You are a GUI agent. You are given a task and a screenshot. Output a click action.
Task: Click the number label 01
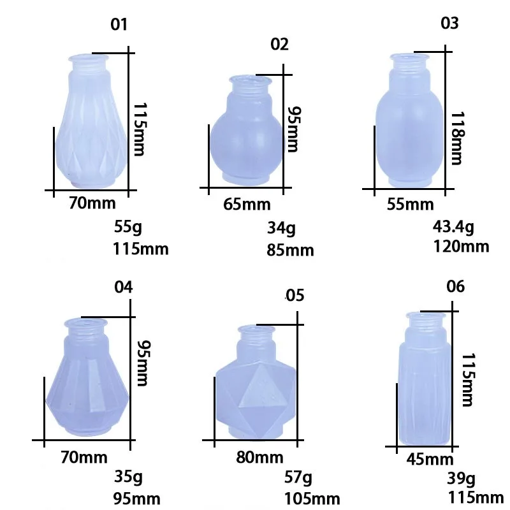pyautogui.click(x=119, y=25)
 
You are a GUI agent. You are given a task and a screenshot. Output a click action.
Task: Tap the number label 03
pyautogui.click(x=449, y=24)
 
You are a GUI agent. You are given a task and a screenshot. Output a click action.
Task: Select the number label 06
pyautogui.click(x=455, y=286)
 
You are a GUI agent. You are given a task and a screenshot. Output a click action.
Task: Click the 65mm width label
pyautogui.click(x=247, y=205)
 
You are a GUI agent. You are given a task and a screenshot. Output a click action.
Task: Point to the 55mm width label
pyautogui.click(x=410, y=205)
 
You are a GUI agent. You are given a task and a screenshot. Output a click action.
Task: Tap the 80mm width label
pyautogui.click(x=259, y=457)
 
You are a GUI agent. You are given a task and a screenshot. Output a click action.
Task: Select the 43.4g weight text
pyautogui.click(x=453, y=227)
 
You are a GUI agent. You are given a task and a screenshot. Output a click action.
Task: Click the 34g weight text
pyautogui.click(x=281, y=228)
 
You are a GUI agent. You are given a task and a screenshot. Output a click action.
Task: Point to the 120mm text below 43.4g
pyautogui.click(x=460, y=246)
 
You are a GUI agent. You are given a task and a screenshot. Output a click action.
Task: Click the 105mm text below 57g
pyautogui.click(x=312, y=498)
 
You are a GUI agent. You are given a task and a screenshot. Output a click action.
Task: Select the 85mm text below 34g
pyautogui.click(x=290, y=250)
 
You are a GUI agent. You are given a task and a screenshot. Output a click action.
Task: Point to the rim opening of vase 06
pyautogui.click(x=425, y=315)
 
